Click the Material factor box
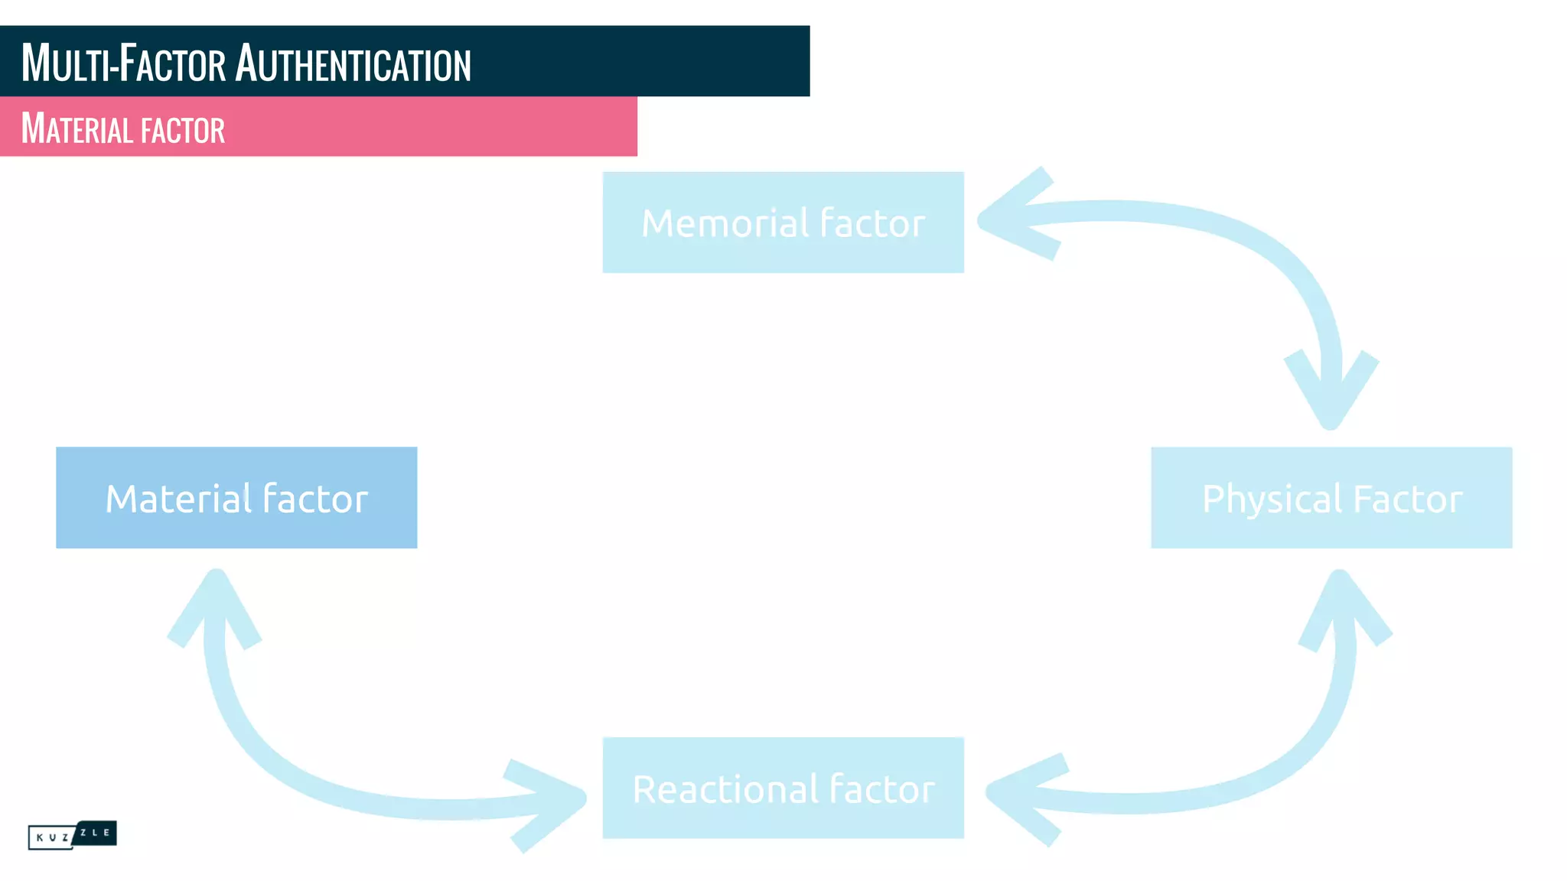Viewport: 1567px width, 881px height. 236,497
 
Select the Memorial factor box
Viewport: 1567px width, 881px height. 783,222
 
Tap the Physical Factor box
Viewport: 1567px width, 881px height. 1331,497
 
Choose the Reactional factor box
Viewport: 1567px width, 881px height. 783,788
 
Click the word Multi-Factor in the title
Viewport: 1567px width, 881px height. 123,63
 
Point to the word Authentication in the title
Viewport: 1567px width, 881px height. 353,63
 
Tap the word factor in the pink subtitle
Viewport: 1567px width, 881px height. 183,130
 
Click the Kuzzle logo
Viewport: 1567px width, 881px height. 72,834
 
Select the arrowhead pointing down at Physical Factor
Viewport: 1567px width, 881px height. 1330,398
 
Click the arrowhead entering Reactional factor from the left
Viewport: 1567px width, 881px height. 555,799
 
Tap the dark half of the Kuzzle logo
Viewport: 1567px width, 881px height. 96,832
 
